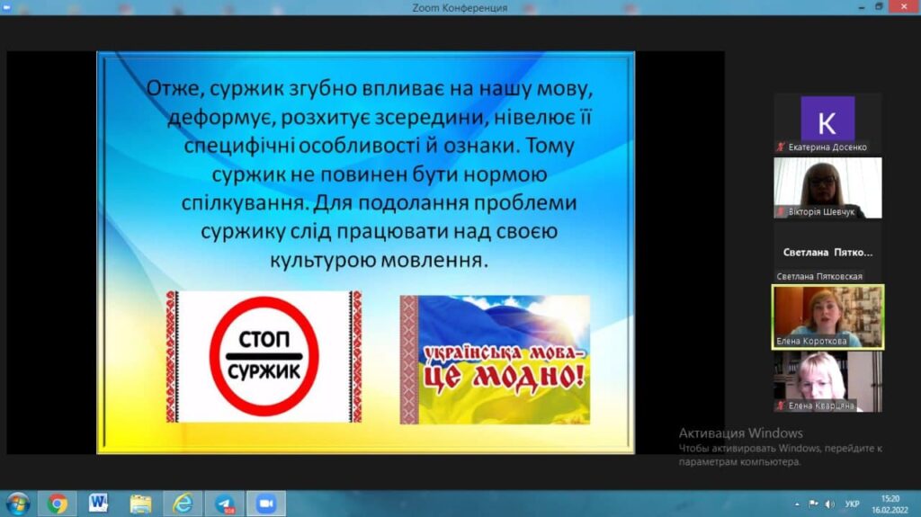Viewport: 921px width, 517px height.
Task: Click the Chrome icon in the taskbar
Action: click(x=58, y=504)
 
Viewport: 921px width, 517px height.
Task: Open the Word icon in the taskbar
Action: click(x=98, y=503)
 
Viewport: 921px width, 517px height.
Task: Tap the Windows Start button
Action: click(x=17, y=504)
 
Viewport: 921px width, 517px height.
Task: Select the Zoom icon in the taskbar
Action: click(x=265, y=504)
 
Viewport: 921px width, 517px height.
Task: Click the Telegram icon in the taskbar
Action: click(x=224, y=504)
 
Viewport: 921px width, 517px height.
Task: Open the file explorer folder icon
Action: click(x=140, y=504)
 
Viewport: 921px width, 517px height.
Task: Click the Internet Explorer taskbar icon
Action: click(x=183, y=504)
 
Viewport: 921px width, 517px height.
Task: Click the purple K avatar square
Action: click(x=827, y=120)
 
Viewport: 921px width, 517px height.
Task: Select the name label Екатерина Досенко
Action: click(x=827, y=147)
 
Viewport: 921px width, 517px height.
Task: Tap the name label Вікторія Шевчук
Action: click(x=821, y=212)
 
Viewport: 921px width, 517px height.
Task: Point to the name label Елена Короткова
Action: click(x=811, y=341)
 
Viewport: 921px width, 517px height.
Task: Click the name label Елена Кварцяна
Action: click(x=821, y=406)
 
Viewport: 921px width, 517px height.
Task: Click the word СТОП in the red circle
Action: click(x=264, y=340)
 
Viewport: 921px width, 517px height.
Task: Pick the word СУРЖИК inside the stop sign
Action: click(x=264, y=371)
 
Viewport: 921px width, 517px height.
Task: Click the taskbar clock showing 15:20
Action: click(x=890, y=499)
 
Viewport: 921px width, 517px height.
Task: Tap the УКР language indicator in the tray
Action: click(x=852, y=504)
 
